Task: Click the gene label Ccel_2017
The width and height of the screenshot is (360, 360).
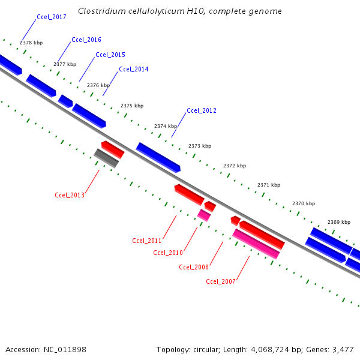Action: (x=51, y=17)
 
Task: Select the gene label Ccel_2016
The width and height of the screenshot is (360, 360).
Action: (x=86, y=40)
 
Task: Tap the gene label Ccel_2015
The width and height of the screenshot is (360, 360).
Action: (x=110, y=55)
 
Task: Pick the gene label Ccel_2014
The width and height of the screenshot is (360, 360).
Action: (x=133, y=70)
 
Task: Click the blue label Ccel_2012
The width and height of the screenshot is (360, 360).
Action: (x=202, y=111)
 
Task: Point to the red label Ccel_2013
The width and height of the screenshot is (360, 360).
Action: (x=70, y=195)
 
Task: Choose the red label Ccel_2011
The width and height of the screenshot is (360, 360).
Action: (x=147, y=241)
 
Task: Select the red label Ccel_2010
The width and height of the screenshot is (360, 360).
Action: (x=168, y=253)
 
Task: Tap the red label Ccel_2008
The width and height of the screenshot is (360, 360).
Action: (x=194, y=267)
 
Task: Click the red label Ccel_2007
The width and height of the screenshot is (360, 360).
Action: (x=221, y=281)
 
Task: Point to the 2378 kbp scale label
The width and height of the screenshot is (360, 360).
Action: (x=31, y=43)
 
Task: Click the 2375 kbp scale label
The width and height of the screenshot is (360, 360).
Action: (x=132, y=106)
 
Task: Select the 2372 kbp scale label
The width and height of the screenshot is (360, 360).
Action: (x=235, y=166)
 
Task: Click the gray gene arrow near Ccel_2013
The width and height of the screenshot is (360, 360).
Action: (x=106, y=158)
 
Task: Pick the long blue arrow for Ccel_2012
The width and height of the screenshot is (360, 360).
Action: (x=158, y=157)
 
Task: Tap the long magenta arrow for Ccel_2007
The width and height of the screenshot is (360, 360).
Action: (x=256, y=244)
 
